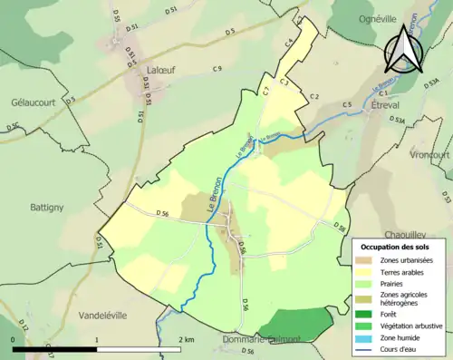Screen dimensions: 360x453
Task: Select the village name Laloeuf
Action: tap(158, 68)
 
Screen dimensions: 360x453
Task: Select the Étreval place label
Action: tap(389, 104)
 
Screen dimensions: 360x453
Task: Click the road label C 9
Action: tap(217, 70)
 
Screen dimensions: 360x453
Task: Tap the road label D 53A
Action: tap(397, 120)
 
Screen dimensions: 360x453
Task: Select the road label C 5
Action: tap(347, 105)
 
